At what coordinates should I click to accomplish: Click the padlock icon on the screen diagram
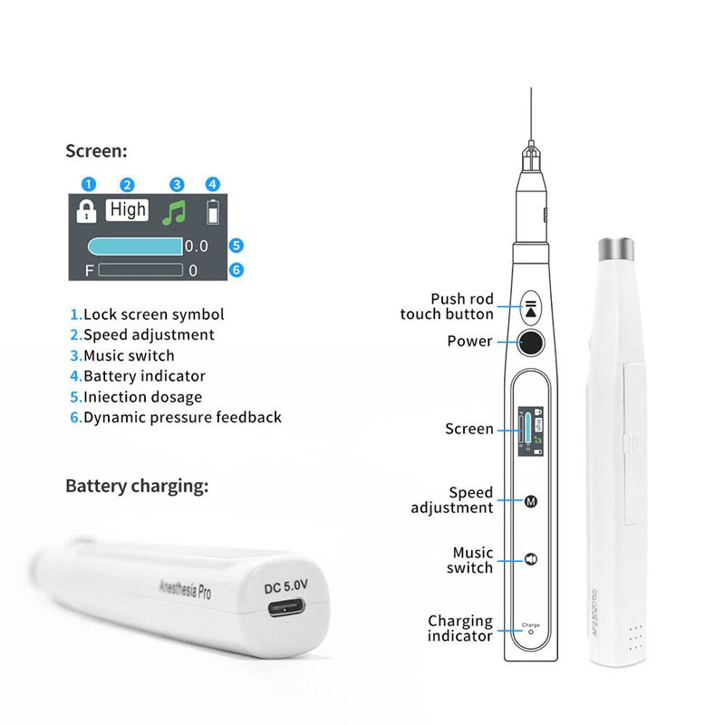86,212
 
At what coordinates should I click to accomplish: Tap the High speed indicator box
128,209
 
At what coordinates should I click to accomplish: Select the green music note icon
174,213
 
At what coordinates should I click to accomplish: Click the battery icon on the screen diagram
213,212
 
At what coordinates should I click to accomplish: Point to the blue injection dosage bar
135,246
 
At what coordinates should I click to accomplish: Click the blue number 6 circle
237,269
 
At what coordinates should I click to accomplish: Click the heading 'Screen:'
96,151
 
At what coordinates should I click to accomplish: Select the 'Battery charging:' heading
137,486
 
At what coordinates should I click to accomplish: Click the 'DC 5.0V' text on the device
287,585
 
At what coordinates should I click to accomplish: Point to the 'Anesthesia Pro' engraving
185,592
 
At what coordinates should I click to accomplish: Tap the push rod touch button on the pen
530,306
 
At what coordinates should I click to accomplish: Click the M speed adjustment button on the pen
531,500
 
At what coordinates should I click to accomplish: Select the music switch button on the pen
531,559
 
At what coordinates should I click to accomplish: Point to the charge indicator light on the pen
531,632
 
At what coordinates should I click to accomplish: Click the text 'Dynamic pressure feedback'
182,418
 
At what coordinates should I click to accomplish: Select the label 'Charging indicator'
460,628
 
